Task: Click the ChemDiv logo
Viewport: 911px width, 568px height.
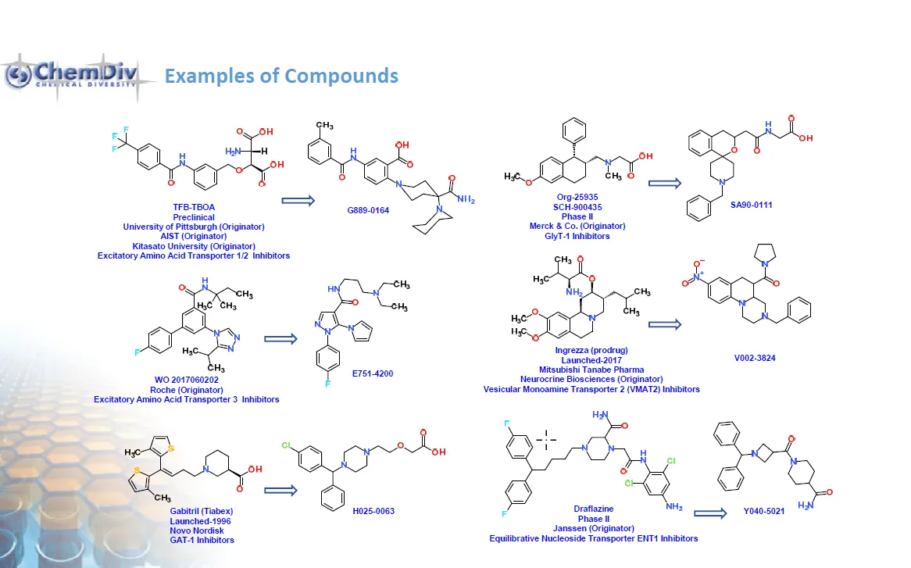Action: tap(70, 76)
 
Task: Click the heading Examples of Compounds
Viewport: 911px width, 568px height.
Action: tap(281, 76)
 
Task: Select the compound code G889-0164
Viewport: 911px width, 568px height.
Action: tap(368, 210)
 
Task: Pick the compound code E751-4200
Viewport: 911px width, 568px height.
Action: tap(373, 373)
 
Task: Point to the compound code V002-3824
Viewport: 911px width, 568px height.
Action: tap(754, 357)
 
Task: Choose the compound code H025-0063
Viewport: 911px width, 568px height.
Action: tap(373, 511)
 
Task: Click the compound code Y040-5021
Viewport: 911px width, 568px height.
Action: tap(764, 513)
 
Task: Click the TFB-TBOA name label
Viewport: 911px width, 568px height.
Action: tap(194, 208)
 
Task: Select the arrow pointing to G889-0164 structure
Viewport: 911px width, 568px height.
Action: tap(297, 201)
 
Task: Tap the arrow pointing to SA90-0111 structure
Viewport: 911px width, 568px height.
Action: tap(666, 183)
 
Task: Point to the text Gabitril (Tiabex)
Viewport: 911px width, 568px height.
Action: tap(194, 512)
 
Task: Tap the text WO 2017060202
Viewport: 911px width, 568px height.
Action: tap(187, 380)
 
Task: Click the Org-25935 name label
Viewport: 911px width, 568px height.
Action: tap(569, 198)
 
